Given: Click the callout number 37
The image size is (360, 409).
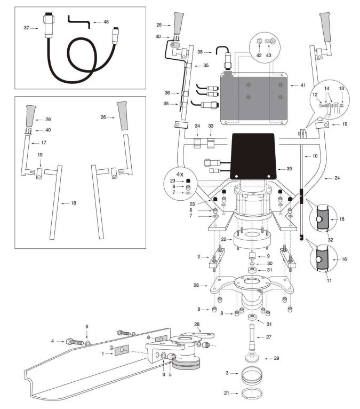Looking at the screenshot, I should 26,28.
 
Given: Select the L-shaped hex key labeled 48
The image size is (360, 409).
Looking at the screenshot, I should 78,21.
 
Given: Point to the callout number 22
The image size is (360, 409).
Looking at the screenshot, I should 224,239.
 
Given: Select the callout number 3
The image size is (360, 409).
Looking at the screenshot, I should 228,372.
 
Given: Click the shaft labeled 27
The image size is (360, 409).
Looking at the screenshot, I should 252,336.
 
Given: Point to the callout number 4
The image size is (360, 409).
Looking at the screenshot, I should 53,340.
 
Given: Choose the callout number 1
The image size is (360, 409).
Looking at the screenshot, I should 103,353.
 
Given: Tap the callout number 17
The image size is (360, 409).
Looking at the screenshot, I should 44,143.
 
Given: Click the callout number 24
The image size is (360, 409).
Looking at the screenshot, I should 337,177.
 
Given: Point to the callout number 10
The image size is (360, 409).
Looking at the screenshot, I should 315,156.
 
